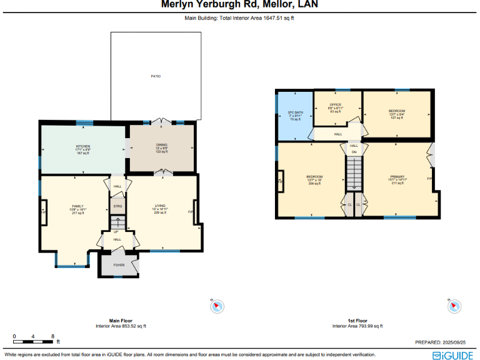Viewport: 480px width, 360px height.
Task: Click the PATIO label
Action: [x=156, y=76]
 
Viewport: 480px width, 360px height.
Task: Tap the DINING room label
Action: [x=162, y=146]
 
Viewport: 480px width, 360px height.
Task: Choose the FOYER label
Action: [x=119, y=265]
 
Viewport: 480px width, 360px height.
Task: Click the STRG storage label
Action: [x=117, y=205]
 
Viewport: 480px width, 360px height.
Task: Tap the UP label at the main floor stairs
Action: [x=116, y=232]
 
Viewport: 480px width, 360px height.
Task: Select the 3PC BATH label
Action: [x=294, y=112]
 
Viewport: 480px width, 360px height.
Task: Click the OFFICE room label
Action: [x=336, y=104]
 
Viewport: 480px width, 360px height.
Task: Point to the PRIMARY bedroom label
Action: [x=398, y=177]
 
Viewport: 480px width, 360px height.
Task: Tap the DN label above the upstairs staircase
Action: [x=354, y=152]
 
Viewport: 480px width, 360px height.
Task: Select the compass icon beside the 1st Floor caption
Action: [x=454, y=306]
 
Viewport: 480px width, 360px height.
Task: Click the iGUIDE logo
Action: [x=453, y=354]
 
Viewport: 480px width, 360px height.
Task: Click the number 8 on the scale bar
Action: [x=52, y=336]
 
